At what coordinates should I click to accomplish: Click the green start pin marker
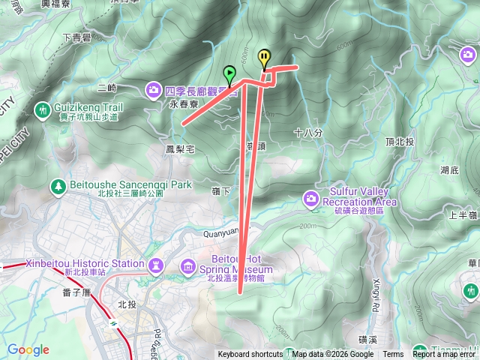pyautogui.click(x=229, y=74)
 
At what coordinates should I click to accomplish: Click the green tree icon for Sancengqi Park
pyautogui.click(x=57, y=184)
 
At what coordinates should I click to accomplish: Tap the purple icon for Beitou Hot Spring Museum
pyautogui.click(x=187, y=267)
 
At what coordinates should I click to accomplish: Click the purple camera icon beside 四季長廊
pyautogui.click(x=154, y=89)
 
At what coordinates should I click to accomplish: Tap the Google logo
pyautogui.click(x=28, y=350)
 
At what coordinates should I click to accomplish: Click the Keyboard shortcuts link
pyautogui.click(x=250, y=355)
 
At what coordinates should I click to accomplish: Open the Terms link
pyautogui.click(x=393, y=355)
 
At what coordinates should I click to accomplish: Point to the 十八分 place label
pyautogui.click(x=308, y=133)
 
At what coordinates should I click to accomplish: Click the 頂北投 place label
pyautogui.click(x=399, y=141)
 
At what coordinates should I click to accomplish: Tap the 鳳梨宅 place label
pyautogui.click(x=180, y=148)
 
